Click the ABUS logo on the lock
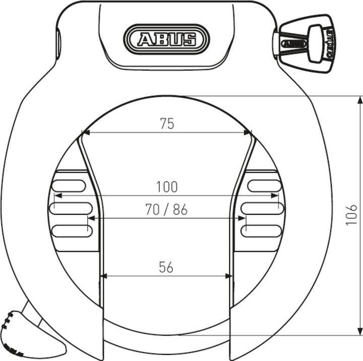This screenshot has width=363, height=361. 167,39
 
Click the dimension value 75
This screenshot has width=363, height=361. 167,124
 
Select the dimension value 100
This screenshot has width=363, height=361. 167,187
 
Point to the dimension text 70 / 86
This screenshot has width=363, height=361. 166,210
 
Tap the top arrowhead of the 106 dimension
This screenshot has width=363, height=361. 360,99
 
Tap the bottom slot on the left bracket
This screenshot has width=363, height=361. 72,231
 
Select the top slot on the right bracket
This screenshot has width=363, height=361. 264,185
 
